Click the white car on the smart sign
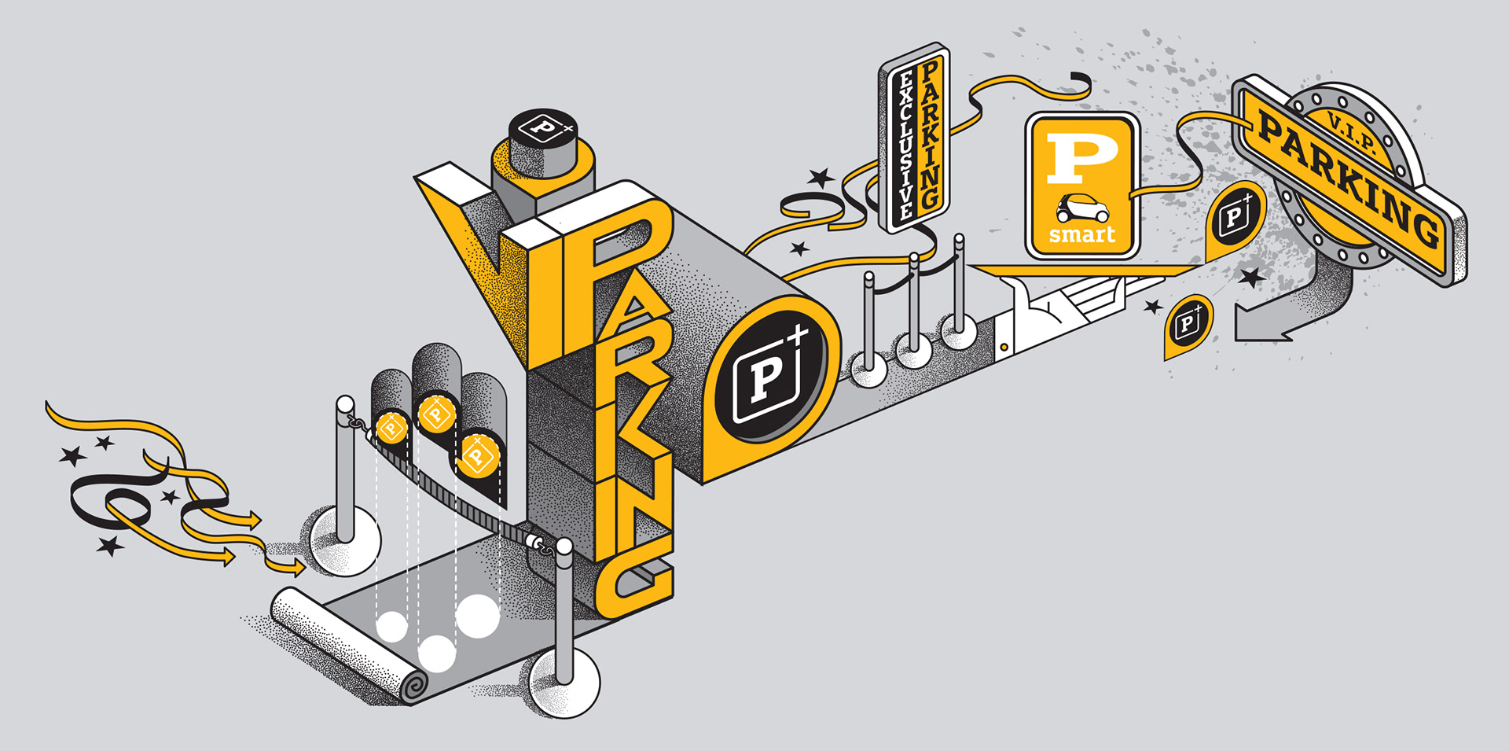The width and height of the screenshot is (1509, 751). tap(1082, 208)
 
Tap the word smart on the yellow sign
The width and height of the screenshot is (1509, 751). tap(1082, 234)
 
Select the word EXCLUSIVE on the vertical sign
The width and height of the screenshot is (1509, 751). tap(905, 145)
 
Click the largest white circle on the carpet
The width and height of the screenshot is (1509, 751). tap(477, 616)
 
